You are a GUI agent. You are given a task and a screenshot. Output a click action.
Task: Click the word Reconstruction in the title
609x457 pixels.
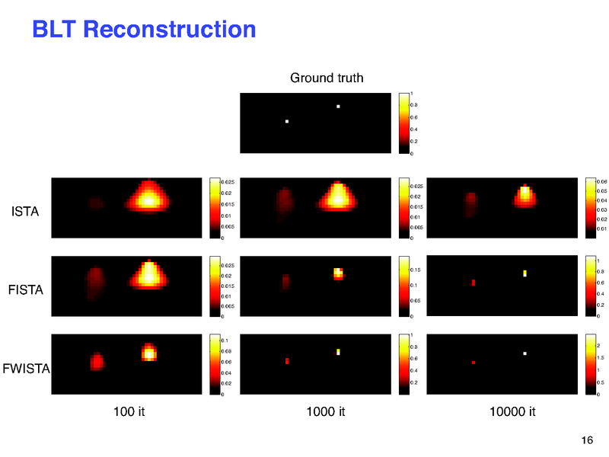tap(168, 30)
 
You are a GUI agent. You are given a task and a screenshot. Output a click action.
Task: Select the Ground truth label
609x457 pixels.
tap(327, 78)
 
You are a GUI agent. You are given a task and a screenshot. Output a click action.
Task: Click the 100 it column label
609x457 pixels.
tap(129, 412)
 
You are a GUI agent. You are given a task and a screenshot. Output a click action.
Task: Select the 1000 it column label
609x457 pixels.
tap(326, 412)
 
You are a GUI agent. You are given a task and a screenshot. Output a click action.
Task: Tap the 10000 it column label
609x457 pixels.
tap(513, 412)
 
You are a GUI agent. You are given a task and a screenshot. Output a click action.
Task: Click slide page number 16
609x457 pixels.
tap(586, 441)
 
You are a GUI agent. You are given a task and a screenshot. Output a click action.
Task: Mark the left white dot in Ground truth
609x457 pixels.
tap(287, 121)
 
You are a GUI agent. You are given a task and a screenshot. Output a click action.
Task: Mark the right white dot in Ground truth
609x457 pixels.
tap(338, 107)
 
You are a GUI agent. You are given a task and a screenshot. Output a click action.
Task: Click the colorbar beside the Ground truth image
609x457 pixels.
tap(403, 123)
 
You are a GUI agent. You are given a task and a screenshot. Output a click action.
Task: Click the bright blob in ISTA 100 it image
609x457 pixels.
tap(149, 197)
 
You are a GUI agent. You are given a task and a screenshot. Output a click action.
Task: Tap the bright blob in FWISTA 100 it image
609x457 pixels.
tap(149, 352)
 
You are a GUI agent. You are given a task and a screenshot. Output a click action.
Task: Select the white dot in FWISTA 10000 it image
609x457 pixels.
tap(525, 353)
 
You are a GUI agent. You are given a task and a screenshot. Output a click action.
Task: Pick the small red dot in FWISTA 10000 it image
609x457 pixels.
tap(473, 363)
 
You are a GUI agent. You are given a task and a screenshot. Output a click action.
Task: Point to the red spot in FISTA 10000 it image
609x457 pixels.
tap(473, 283)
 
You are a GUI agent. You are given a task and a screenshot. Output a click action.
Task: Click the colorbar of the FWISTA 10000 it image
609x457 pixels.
tap(590, 365)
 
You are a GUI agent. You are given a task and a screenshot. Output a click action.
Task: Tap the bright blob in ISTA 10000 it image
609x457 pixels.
tap(525, 195)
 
